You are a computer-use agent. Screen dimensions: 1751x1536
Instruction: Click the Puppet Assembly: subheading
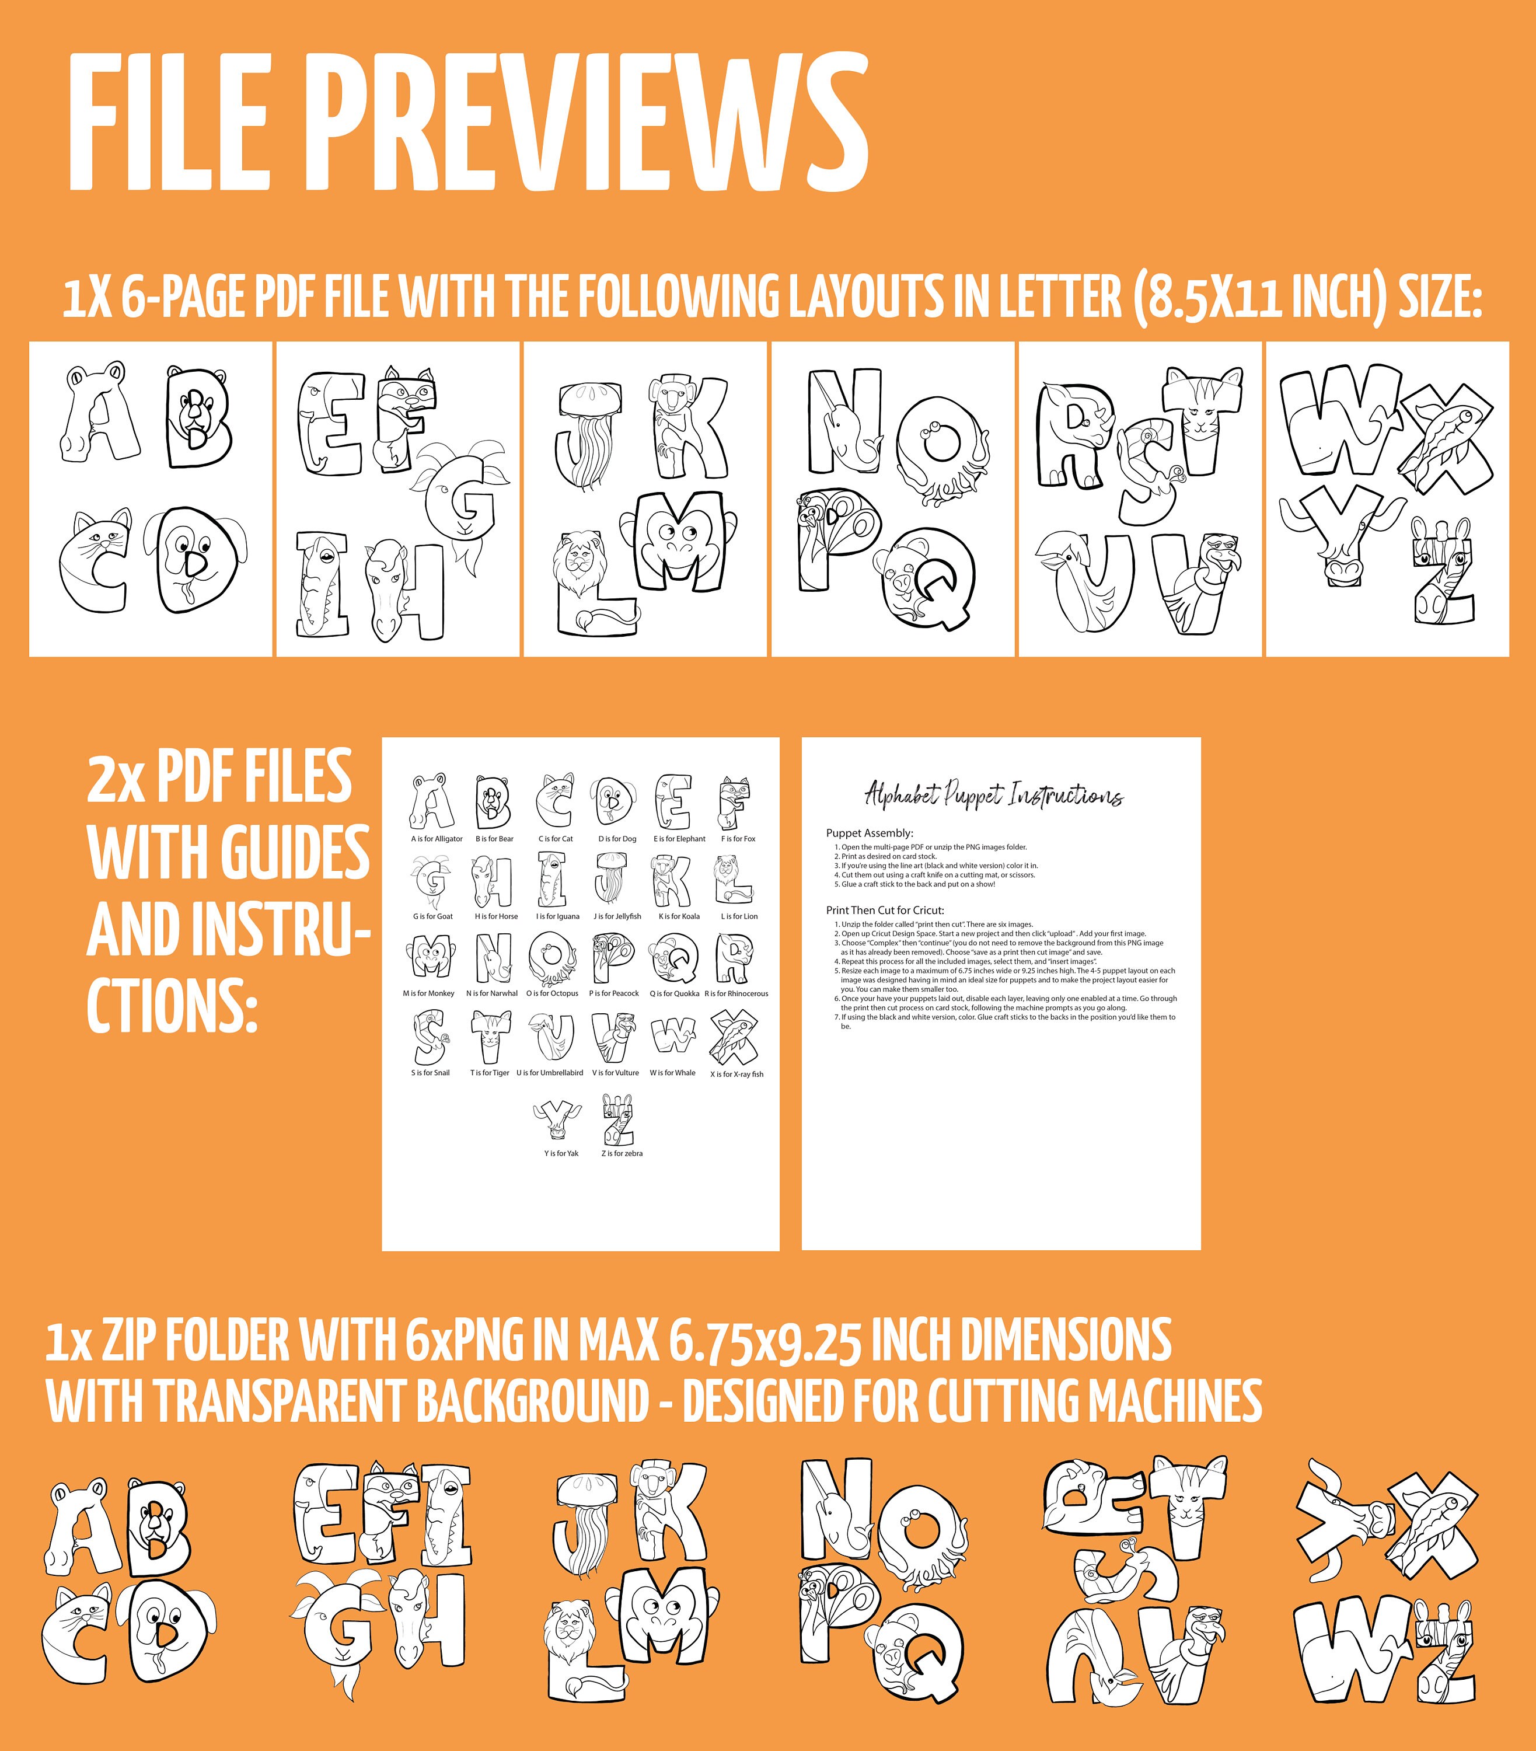click(x=870, y=833)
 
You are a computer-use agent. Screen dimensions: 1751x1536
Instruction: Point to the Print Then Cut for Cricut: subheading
click(x=885, y=910)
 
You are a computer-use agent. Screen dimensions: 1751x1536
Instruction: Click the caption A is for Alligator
click(x=437, y=839)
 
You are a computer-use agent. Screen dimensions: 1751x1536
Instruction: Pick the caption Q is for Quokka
click(x=674, y=994)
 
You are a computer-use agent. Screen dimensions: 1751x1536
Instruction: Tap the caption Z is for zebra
click(x=622, y=1153)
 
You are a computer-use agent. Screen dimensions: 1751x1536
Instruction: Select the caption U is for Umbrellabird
click(x=550, y=1073)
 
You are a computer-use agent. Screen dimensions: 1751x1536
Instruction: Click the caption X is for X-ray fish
click(x=736, y=1073)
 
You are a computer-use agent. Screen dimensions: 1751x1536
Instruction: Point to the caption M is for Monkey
click(x=428, y=994)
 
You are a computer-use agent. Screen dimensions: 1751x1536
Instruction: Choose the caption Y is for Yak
click(x=561, y=1153)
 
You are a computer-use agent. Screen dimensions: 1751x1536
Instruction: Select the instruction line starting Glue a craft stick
click(x=915, y=884)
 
